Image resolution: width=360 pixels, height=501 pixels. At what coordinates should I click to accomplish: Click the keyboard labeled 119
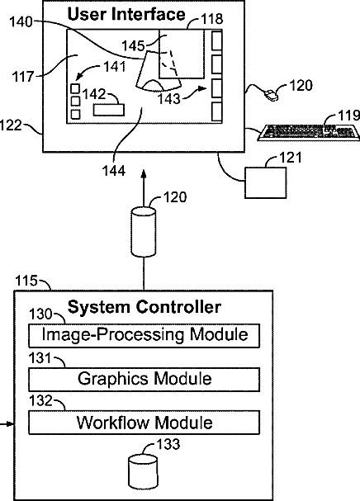309,133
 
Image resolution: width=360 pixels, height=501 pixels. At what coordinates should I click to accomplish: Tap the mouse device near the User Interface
271,95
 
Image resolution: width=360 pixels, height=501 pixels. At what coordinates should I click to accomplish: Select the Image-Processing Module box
144,335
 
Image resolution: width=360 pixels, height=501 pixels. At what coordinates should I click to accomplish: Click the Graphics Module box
144,380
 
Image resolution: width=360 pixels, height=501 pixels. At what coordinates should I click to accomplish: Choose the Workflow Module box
144,423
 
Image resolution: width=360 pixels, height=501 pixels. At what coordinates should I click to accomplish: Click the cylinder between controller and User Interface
144,232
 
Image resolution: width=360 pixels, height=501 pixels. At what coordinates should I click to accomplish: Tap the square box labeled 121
265,182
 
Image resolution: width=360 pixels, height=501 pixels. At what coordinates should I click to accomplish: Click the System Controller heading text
144,307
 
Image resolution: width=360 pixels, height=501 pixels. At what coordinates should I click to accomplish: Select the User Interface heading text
126,14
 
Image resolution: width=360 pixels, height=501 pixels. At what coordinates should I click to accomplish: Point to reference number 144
114,171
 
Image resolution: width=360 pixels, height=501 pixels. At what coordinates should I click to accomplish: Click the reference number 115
26,281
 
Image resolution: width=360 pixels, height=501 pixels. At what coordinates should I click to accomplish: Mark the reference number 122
10,125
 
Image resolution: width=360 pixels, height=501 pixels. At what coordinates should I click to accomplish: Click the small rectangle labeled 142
109,110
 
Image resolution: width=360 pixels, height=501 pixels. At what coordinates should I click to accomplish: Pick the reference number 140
21,22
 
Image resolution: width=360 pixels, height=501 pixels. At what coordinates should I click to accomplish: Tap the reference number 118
212,19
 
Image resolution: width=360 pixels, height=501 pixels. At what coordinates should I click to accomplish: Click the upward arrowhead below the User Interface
144,173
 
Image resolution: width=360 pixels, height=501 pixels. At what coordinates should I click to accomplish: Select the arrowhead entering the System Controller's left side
11,424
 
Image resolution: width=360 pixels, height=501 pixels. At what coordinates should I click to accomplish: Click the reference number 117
23,77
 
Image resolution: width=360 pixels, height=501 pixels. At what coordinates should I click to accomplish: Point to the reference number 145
133,45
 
